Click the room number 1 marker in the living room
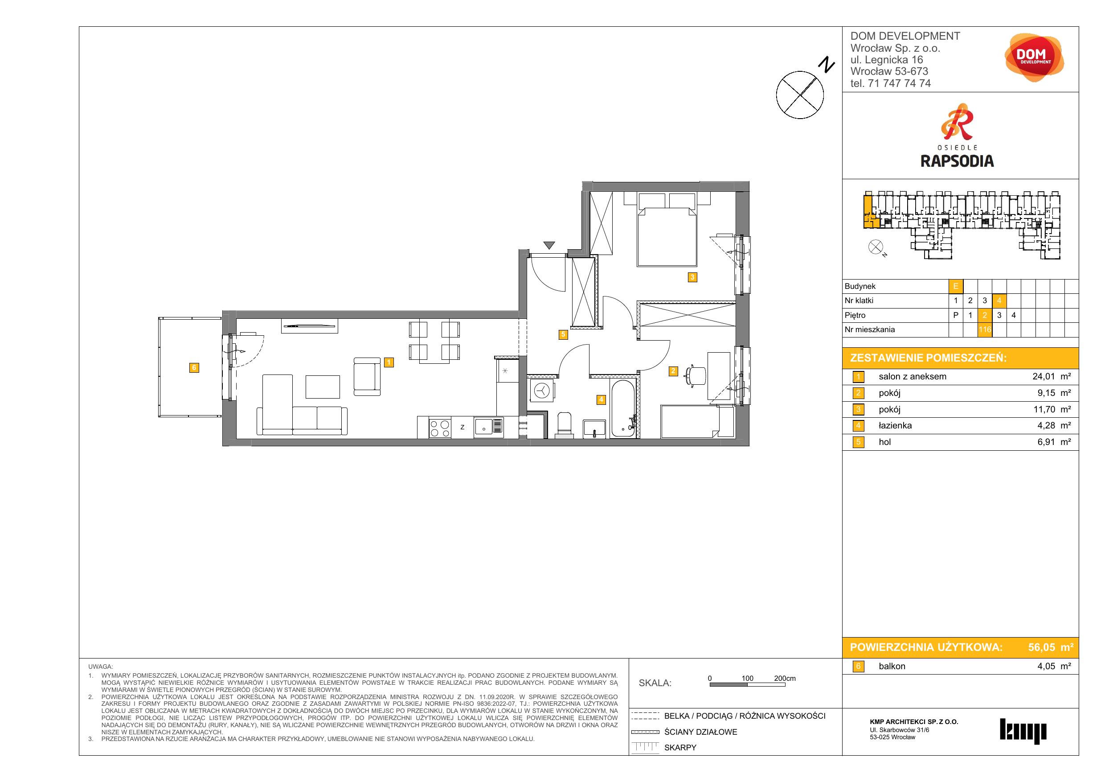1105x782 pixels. tap(389, 362)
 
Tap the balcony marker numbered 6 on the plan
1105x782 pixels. tap(194, 368)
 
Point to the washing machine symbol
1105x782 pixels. tap(541, 391)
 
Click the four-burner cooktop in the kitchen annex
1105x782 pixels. tap(439, 428)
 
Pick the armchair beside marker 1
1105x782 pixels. tap(367, 376)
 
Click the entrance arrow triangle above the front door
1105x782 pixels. tap(549, 246)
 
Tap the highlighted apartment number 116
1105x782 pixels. tap(985, 330)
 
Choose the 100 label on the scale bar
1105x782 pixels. tap(747, 678)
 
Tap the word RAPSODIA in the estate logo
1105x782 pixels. tap(957, 161)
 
